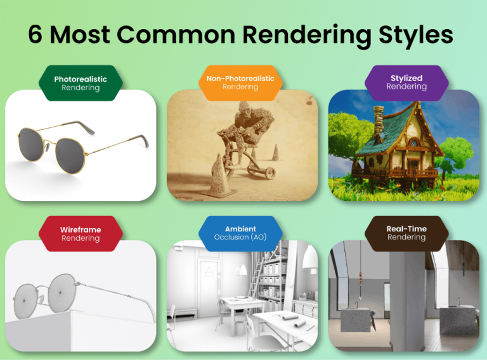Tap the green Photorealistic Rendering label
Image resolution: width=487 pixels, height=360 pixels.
pyautogui.click(x=81, y=83)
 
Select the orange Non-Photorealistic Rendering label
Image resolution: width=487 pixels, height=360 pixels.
pyautogui.click(x=240, y=82)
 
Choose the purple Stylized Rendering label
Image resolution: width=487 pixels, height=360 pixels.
pyautogui.click(x=406, y=82)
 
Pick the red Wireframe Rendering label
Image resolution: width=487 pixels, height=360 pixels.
pyautogui.click(x=81, y=234)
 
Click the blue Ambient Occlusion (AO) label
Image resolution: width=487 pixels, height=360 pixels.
pyautogui.click(x=240, y=233)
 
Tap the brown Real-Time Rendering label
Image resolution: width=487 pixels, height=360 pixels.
pyautogui.click(x=406, y=233)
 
